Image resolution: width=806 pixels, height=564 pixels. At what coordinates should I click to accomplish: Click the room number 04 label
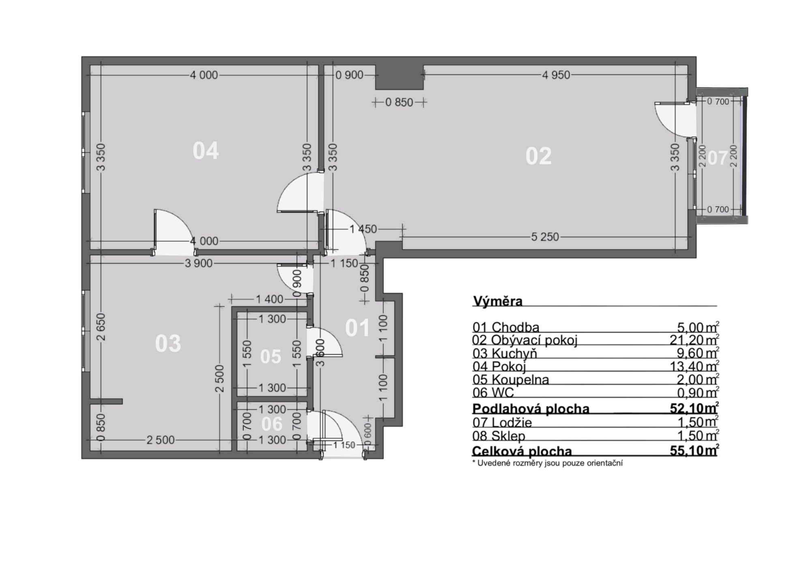point(206,151)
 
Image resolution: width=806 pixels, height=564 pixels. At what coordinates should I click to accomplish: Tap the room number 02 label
point(538,156)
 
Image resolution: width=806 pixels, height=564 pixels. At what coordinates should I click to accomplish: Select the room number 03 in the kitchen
point(168,344)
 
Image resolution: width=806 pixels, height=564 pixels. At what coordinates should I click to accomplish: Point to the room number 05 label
point(271,357)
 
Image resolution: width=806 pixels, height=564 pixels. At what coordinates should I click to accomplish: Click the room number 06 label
point(272,424)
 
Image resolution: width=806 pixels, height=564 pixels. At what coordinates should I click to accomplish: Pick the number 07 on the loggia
point(717,158)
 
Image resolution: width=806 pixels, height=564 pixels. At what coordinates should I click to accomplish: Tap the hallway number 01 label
point(357,328)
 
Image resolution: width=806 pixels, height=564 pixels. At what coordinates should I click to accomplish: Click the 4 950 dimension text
point(556,75)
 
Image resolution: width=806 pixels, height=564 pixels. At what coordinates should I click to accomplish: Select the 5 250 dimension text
point(545,237)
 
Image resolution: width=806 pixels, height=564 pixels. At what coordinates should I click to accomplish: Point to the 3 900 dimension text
point(198,264)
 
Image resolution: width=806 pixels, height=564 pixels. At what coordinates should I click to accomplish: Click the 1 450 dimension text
point(363,229)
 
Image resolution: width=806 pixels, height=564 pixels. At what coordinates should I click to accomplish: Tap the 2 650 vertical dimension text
point(101,327)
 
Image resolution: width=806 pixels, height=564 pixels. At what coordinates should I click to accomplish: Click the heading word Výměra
point(498,301)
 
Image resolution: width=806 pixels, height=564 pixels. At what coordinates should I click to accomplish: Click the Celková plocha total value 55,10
point(688,451)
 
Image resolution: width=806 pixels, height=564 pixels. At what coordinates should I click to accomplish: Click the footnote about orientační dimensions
point(548,463)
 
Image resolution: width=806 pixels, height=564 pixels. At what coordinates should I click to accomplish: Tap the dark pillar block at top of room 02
point(399,77)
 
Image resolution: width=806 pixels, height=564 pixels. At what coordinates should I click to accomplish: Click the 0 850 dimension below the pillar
point(399,102)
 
